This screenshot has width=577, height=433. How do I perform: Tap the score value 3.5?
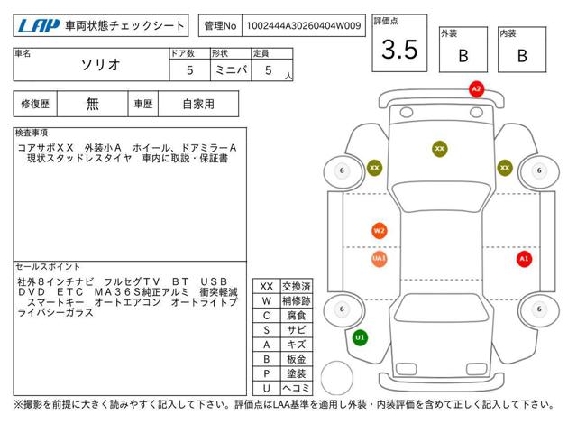click(399, 51)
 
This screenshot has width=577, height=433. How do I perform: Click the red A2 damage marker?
click(476, 88)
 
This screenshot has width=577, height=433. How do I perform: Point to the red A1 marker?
click(524, 259)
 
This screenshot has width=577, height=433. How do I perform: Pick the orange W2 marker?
click(379, 230)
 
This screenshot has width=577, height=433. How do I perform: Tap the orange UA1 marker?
click(379, 259)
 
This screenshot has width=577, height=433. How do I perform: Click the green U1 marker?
click(360, 337)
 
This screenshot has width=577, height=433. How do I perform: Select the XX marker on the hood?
click(440, 148)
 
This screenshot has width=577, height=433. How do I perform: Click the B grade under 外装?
click(463, 55)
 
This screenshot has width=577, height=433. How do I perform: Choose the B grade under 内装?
click(521, 55)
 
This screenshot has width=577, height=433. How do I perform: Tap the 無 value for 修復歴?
click(93, 104)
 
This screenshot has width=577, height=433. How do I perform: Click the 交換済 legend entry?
click(296, 286)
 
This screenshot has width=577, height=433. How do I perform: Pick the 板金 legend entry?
click(296, 358)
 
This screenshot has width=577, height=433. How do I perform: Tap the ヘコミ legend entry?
click(296, 387)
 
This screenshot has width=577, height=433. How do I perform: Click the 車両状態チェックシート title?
click(124, 26)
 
